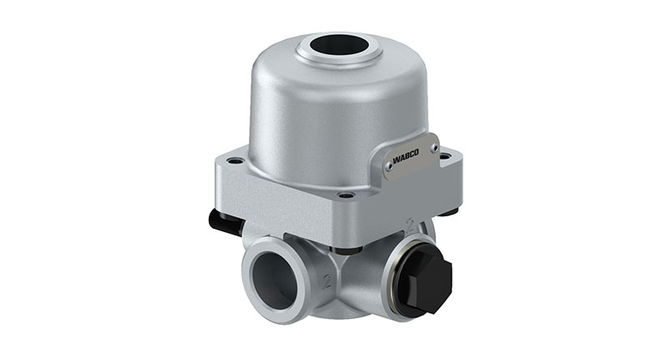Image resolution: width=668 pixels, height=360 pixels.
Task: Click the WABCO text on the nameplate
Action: click(x=406, y=156)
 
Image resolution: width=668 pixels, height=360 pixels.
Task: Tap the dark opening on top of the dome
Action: click(x=339, y=45)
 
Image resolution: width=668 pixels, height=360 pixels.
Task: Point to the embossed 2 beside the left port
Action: click(x=327, y=281)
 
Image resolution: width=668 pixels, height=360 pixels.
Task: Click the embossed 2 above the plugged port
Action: click(x=411, y=225)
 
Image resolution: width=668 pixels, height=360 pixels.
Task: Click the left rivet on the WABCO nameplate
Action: click(x=388, y=164)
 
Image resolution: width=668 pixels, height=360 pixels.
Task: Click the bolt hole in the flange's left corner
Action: click(x=235, y=160)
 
